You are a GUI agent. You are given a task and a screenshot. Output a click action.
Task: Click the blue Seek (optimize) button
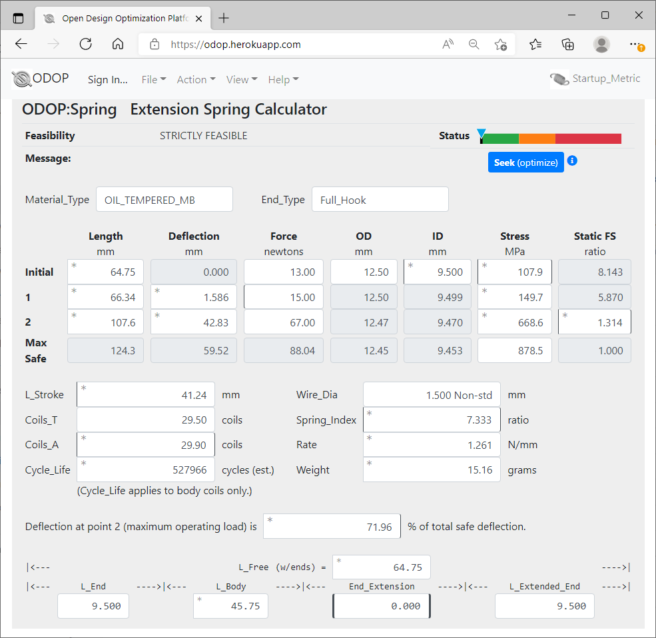pyautogui.click(x=525, y=162)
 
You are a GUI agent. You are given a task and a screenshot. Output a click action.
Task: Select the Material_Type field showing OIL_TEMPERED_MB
pyautogui.click(x=164, y=199)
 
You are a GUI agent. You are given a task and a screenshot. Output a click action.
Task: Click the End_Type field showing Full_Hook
pyautogui.click(x=380, y=199)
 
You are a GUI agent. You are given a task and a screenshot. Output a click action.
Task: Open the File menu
pyautogui.click(x=153, y=79)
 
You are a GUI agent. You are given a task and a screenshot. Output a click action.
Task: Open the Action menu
pyautogui.click(x=196, y=79)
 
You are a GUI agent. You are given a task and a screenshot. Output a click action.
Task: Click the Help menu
pyautogui.click(x=283, y=79)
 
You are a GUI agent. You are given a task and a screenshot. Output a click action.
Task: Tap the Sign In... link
pyautogui.click(x=107, y=79)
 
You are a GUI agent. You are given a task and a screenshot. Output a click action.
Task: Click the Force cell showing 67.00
pyautogui.click(x=284, y=322)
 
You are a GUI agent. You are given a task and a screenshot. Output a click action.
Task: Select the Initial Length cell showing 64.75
pyautogui.click(x=106, y=272)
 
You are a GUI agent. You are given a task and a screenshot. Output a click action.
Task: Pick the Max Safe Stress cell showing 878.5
pyautogui.click(x=514, y=350)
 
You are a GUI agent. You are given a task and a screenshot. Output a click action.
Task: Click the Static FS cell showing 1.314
pyautogui.click(x=594, y=322)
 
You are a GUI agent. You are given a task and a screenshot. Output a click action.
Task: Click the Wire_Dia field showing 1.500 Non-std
pyautogui.click(x=432, y=395)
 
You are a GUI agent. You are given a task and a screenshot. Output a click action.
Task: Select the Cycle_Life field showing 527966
pyautogui.click(x=146, y=470)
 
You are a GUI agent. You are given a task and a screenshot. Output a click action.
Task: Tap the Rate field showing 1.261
pyautogui.click(x=432, y=445)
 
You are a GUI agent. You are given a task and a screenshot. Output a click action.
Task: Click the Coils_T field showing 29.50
pyautogui.click(x=146, y=420)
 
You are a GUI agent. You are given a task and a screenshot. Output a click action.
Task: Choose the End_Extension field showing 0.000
pyautogui.click(x=381, y=605)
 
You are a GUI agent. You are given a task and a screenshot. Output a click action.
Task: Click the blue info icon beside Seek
pyautogui.click(x=571, y=161)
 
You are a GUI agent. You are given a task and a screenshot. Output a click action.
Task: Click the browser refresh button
pyautogui.click(x=85, y=44)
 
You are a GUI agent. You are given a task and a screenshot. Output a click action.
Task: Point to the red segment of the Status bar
pyautogui.click(x=588, y=139)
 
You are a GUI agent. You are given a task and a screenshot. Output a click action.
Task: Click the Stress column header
pyautogui.click(x=514, y=236)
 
